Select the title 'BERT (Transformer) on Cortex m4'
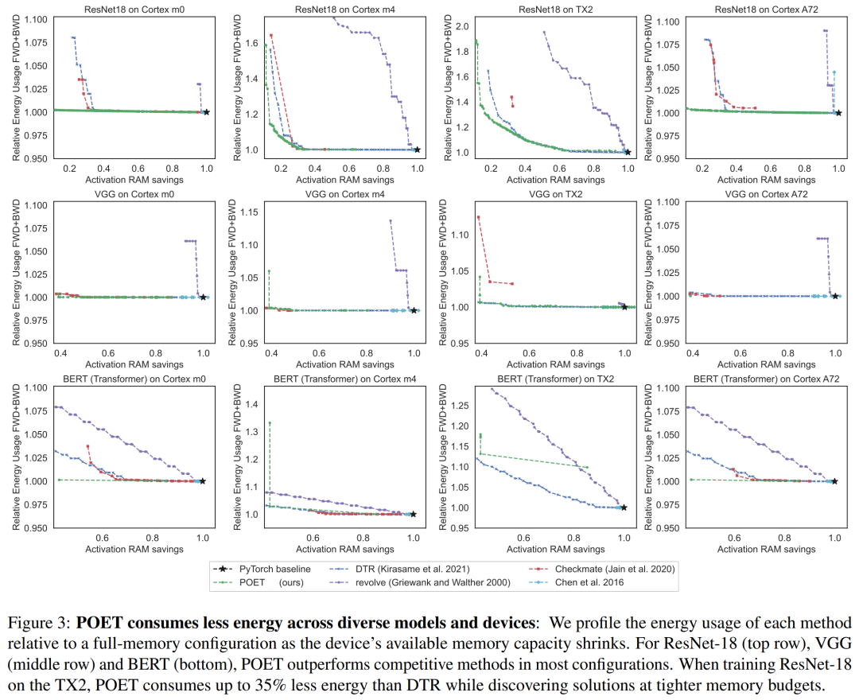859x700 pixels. click(x=323, y=380)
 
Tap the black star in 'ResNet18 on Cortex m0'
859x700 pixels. click(x=206, y=112)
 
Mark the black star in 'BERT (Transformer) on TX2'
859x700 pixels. click(x=624, y=507)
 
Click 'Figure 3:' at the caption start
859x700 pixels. click(x=41, y=623)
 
